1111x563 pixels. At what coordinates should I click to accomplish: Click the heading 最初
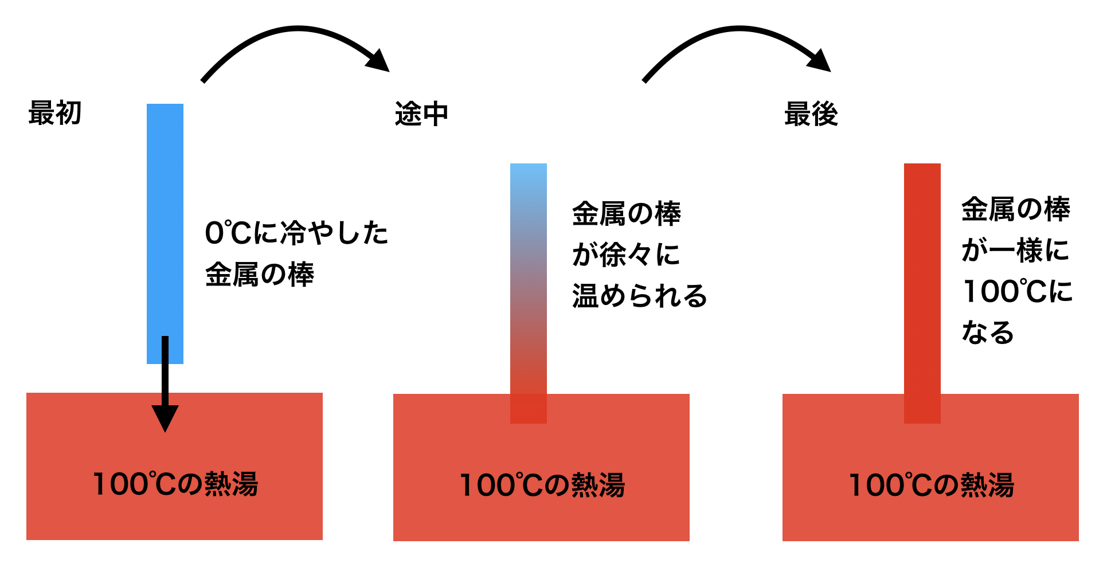coord(55,113)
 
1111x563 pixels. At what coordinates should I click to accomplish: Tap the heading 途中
coord(421,114)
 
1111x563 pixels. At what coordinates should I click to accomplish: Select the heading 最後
coord(811,114)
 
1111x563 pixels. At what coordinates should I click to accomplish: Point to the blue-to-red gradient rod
coord(528,275)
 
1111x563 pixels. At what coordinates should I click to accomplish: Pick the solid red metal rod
coord(922,275)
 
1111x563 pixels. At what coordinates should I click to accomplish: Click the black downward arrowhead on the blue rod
coord(165,417)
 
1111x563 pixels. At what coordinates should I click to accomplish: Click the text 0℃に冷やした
coord(296,233)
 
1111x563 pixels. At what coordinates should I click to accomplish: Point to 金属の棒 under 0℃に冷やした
coord(260,275)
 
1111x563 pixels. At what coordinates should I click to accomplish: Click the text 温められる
coord(639,296)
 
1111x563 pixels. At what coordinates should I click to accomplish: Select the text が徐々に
coord(626,255)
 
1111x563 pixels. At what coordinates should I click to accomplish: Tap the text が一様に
coord(1015,251)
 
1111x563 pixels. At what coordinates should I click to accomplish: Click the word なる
coord(988,333)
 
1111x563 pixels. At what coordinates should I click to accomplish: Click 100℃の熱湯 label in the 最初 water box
coord(175,484)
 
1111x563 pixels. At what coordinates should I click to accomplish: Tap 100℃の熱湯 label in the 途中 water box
coord(542,485)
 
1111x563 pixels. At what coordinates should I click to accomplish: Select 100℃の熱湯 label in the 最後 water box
coord(931,485)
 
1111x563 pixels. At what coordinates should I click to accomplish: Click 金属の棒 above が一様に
coord(1015,209)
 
